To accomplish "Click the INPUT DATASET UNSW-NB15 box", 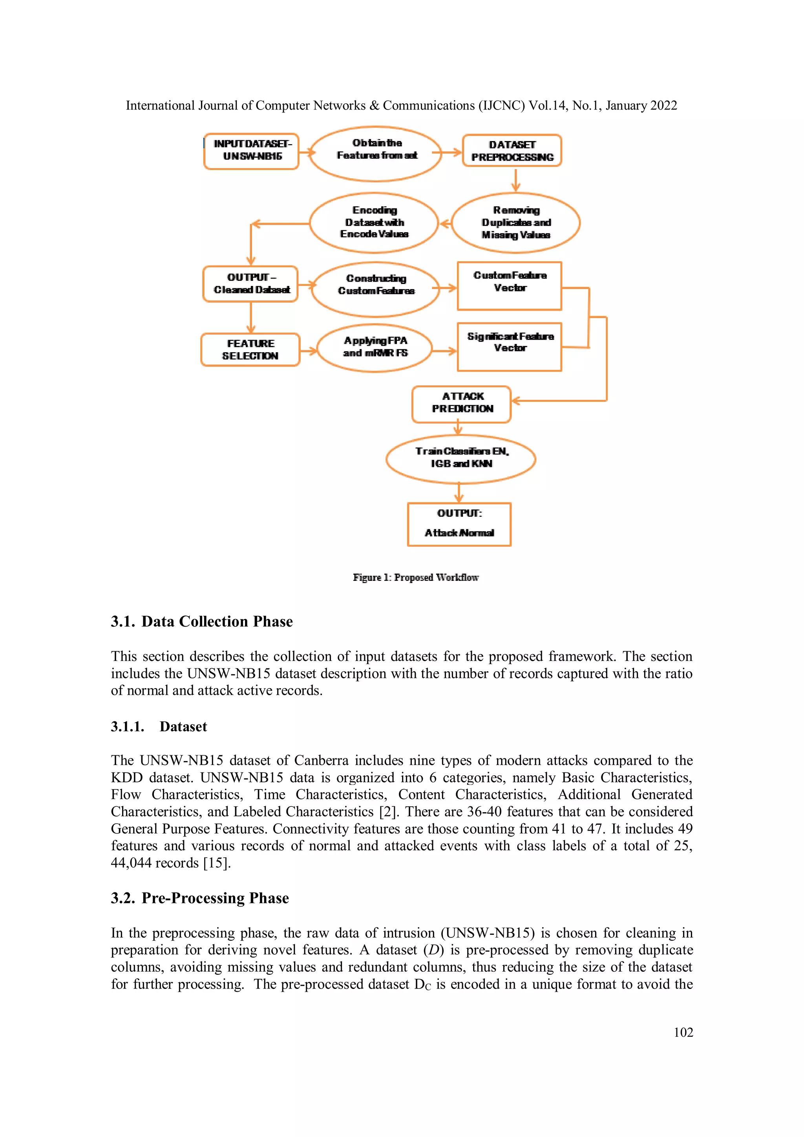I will point(252,151).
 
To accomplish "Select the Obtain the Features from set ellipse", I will point(376,153).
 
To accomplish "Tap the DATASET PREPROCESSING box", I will point(512,150).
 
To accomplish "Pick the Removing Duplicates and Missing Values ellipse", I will point(516,223).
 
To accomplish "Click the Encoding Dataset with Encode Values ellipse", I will point(374,223).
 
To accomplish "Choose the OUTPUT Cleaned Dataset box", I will point(250,284).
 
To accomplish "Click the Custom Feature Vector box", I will point(510,286).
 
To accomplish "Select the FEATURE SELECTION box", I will point(250,350).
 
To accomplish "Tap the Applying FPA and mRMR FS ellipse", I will point(375,348).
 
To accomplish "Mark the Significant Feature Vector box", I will point(510,347).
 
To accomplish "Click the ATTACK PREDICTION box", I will point(461,404).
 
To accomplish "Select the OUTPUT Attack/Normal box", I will point(459,524).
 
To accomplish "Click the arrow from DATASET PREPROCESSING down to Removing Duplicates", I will point(515,180).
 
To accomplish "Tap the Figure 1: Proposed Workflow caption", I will point(415,577).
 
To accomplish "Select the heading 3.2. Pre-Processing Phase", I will point(199,898).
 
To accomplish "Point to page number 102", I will point(683,1032).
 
